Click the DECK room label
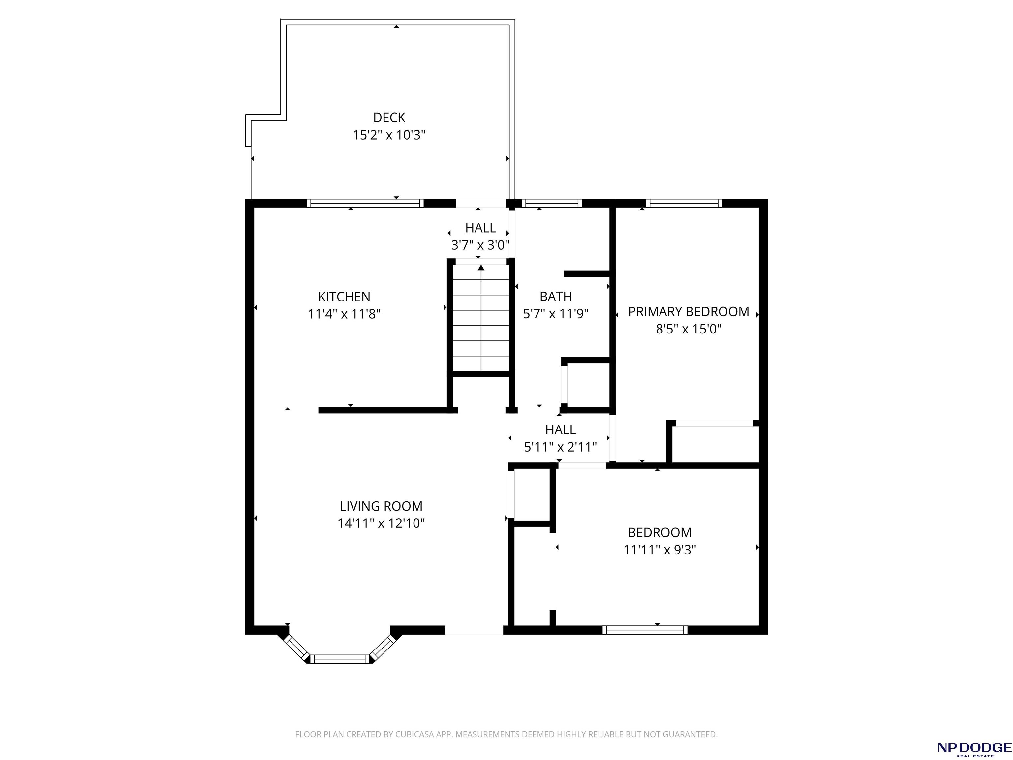tap(389, 118)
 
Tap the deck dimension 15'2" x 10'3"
tap(389, 135)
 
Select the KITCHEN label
tap(344, 297)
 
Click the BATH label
tap(556, 297)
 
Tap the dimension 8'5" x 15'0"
tap(688, 329)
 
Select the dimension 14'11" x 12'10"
tap(381, 523)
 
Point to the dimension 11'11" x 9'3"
tap(660, 549)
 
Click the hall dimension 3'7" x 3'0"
tap(480, 245)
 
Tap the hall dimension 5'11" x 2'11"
tap(560, 447)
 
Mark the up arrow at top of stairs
tap(481, 268)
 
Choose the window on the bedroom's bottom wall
tap(645, 630)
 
